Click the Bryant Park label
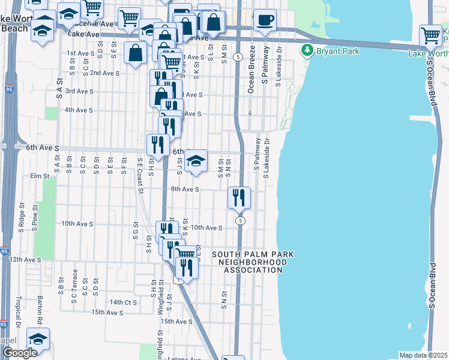click(340, 51)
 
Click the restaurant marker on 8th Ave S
click(240, 197)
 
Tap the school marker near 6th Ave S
click(196, 161)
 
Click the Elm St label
click(39, 176)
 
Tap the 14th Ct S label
click(124, 302)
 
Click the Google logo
click(20, 353)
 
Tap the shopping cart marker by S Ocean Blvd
click(431, 35)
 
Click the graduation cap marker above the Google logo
click(38, 339)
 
